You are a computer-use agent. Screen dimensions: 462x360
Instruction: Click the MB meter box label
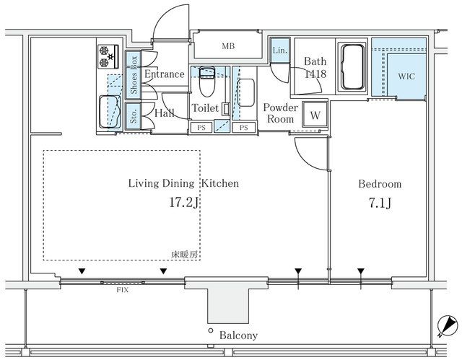[x=228, y=46]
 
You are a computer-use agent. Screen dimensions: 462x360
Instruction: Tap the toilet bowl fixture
[x=207, y=82]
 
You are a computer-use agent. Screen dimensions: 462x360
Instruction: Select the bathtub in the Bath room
[x=352, y=66]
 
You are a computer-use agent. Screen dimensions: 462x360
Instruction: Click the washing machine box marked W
[x=315, y=115]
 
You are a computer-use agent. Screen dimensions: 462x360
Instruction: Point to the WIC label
[x=406, y=76]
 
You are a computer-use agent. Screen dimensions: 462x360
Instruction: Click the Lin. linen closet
[x=279, y=50]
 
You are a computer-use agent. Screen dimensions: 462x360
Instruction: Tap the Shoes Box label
[x=134, y=75]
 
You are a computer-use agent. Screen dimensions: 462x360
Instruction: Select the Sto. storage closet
[x=134, y=116]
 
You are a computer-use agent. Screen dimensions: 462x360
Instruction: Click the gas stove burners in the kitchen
[x=108, y=57]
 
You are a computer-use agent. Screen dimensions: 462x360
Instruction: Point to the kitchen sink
[x=110, y=112]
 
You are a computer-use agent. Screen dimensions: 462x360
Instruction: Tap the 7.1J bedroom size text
[x=380, y=203]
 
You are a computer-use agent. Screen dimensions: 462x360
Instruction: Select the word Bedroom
[x=380, y=184]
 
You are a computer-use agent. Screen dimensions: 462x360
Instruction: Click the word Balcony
[x=238, y=335]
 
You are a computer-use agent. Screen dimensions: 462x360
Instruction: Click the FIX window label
[x=122, y=290]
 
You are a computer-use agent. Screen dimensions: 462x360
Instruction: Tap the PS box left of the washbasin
[x=201, y=128]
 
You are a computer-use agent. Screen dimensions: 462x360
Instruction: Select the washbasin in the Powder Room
[x=245, y=93]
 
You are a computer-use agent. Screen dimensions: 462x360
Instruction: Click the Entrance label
[x=165, y=74]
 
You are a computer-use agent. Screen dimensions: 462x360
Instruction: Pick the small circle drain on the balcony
[x=210, y=330]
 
